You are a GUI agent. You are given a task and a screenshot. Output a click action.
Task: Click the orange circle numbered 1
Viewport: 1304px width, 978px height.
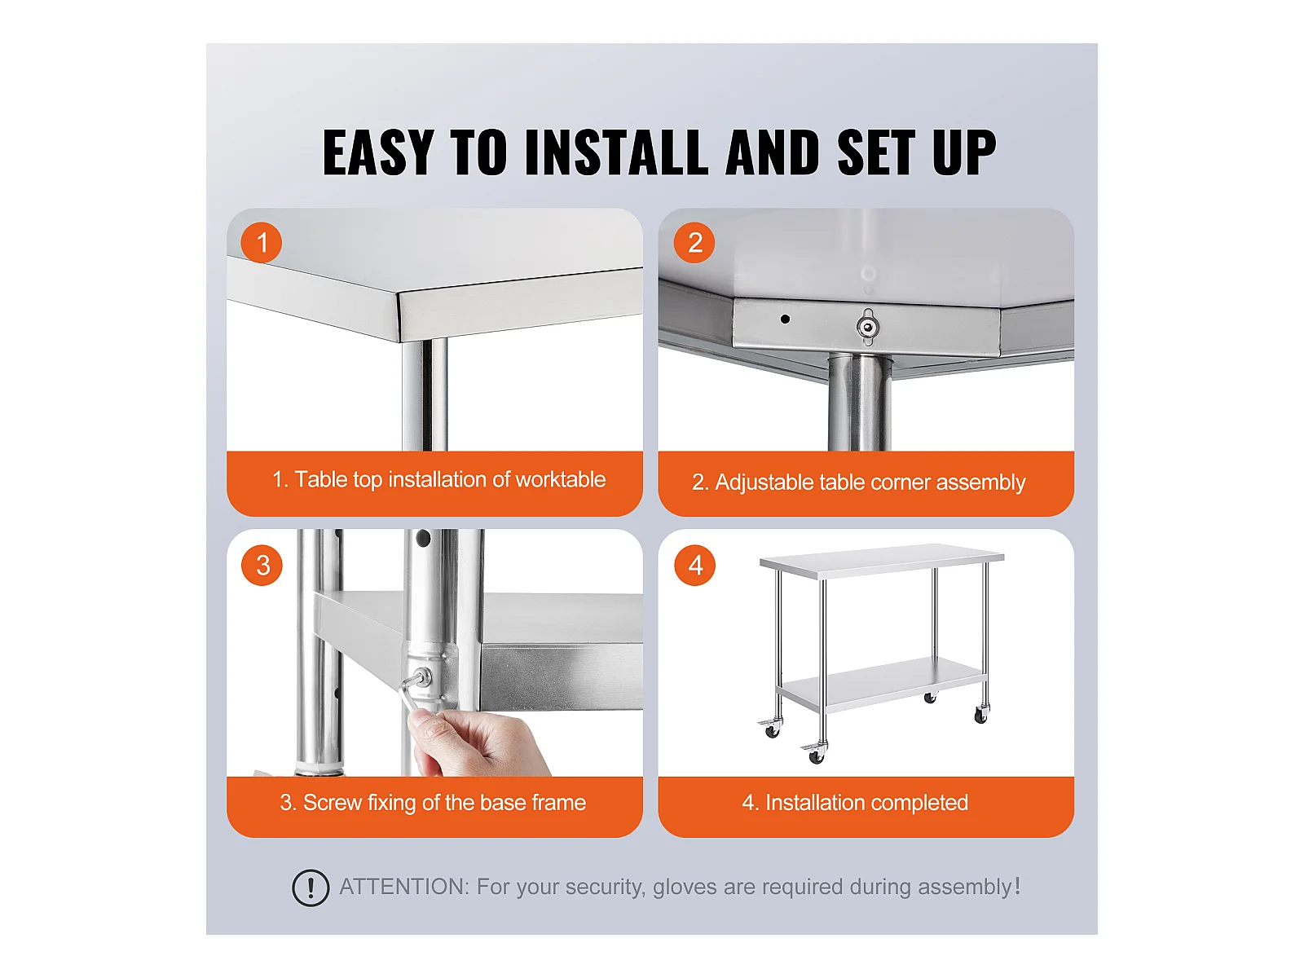(262, 243)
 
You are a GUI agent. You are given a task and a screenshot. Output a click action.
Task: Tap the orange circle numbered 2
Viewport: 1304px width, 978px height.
(694, 243)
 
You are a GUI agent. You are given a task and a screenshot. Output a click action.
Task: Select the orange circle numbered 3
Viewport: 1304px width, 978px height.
(262, 566)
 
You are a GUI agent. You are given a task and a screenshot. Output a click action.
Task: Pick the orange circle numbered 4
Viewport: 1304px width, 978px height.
(695, 566)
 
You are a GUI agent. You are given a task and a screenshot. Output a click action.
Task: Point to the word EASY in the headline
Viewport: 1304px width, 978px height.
(378, 152)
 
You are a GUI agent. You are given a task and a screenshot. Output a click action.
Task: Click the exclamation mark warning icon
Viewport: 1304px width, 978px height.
(311, 888)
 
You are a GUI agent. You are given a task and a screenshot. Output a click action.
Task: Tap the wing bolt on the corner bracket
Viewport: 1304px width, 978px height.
(868, 327)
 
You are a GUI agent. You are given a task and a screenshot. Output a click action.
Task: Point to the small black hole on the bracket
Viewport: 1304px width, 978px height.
(785, 319)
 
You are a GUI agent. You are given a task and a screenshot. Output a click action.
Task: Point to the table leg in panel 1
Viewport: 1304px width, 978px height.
(424, 395)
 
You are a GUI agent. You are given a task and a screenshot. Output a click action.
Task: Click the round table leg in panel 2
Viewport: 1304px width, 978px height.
(859, 403)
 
